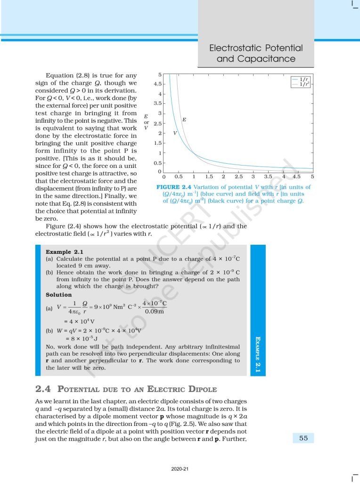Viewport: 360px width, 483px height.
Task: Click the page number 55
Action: coord(303,438)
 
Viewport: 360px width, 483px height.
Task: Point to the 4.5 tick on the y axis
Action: coord(157,84)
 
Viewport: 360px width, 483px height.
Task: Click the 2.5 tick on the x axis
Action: coord(238,176)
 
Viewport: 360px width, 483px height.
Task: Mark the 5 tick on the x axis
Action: coord(312,176)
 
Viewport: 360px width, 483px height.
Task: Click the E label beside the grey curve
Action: coord(184,120)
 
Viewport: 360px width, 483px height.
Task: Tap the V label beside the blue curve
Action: coord(175,133)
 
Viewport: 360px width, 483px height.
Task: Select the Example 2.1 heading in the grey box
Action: coord(63,252)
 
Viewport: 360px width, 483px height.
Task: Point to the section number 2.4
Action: coord(43,389)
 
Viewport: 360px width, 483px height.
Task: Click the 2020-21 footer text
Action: coord(180,469)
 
